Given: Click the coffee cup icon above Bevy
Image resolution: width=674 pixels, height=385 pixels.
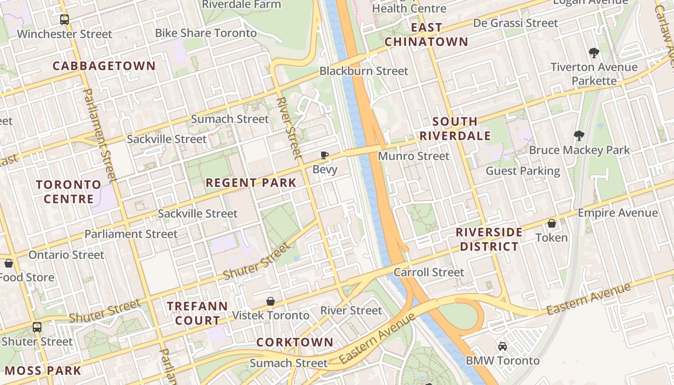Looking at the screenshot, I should point(324,155).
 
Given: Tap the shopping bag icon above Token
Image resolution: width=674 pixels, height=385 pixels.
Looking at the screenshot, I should point(552,224).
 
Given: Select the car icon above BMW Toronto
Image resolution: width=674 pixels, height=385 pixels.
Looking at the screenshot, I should point(503,346).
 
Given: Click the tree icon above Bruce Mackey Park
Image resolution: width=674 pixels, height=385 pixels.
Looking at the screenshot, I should point(579,136).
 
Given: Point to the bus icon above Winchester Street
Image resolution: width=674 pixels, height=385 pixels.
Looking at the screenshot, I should point(64,20).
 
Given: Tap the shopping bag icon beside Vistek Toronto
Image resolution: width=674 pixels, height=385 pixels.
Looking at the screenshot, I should point(271,301).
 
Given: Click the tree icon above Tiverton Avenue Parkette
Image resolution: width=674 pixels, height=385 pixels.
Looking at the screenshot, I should point(594,53).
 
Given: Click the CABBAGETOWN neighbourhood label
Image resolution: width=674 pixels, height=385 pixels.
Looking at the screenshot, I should point(104,66).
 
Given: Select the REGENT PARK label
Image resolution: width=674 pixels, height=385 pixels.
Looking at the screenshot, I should point(251,183).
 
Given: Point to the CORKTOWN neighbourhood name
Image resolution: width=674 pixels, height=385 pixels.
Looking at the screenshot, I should point(295,342).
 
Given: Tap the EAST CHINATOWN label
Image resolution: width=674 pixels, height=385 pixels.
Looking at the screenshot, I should point(426,35).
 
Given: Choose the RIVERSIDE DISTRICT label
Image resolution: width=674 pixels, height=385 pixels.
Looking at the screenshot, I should point(489,239).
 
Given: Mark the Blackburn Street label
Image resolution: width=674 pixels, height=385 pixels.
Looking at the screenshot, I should point(363,71).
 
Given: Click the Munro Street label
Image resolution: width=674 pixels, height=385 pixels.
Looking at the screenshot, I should point(414,156).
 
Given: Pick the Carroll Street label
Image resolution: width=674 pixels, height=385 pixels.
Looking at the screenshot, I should point(429,272).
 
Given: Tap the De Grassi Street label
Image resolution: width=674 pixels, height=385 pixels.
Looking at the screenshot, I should point(516,23).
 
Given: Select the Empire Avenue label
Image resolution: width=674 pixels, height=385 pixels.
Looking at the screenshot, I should point(618,213).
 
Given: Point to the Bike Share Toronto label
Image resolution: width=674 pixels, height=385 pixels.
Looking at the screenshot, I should point(206,33).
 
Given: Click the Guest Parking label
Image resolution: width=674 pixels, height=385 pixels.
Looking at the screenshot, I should point(523,171).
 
